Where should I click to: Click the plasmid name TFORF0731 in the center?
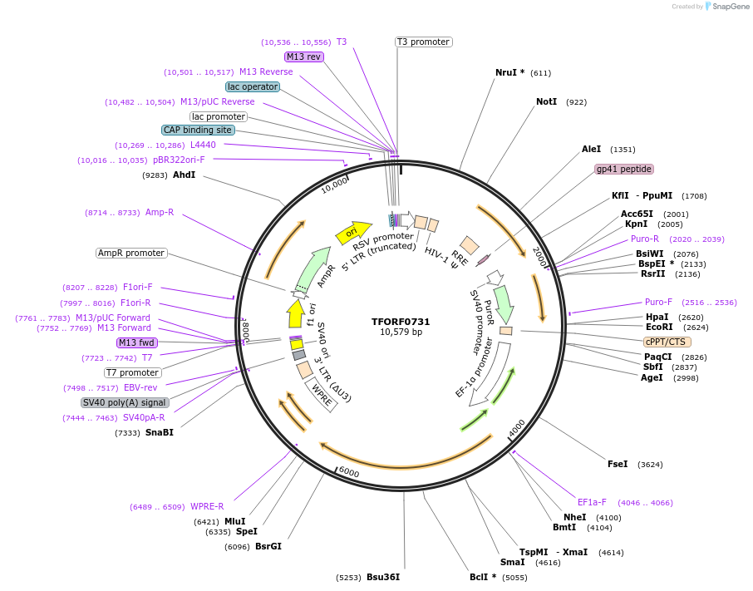pyautogui.click(x=401, y=322)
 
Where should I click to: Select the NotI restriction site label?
pyautogui.click(x=546, y=102)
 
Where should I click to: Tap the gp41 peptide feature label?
pyautogui.click(x=623, y=169)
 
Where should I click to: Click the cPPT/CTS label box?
pyautogui.click(x=667, y=342)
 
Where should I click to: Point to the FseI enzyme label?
pyautogui.click(x=618, y=465)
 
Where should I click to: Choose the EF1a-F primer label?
pyautogui.click(x=592, y=502)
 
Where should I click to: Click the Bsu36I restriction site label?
pyautogui.click(x=383, y=577)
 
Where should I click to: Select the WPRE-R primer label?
pyautogui.click(x=207, y=506)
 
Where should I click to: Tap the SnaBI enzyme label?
pyautogui.click(x=160, y=432)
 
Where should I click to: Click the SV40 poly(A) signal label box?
pyautogui.click(x=125, y=402)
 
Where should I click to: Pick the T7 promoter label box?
pyautogui.click(x=133, y=372)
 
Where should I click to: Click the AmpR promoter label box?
pyautogui.click(x=131, y=253)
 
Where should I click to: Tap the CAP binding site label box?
pyautogui.click(x=198, y=130)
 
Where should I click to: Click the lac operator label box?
pyautogui.click(x=253, y=86)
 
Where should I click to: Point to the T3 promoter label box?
pyautogui.click(x=423, y=42)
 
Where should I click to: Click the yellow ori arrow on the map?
pyautogui.click(x=352, y=233)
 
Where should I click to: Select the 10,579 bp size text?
pyautogui.click(x=401, y=332)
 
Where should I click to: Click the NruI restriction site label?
pyautogui.click(x=505, y=72)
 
